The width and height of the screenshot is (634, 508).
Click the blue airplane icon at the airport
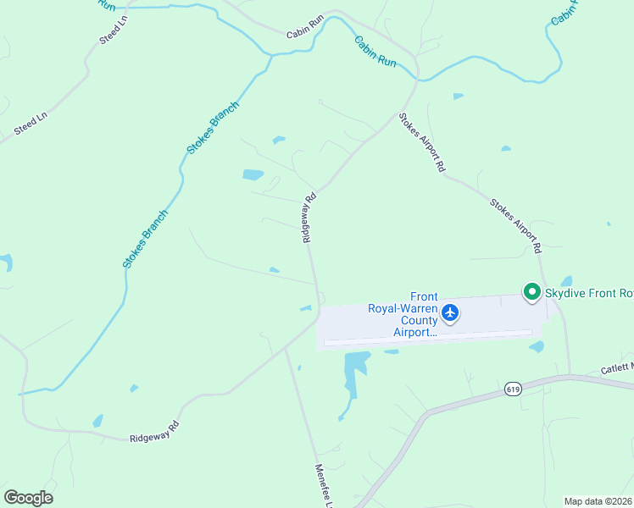[x=450, y=313]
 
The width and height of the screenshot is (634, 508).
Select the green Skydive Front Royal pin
[x=531, y=293]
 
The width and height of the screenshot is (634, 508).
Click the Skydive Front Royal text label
[x=588, y=294]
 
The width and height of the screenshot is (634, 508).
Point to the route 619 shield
[x=511, y=389]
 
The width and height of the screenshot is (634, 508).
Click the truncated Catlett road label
[x=617, y=367]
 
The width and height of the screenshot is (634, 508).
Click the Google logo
[x=28, y=498]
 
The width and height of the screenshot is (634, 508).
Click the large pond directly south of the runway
[x=356, y=373]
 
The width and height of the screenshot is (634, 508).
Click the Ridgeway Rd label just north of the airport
[x=309, y=218]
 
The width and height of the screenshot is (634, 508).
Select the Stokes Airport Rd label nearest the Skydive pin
[x=514, y=226]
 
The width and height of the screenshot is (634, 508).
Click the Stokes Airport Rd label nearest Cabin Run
[x=422, y=142]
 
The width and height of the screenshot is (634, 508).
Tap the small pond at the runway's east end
[x=537, y=346]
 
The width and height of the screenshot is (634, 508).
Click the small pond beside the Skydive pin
[x=566, y=281]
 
